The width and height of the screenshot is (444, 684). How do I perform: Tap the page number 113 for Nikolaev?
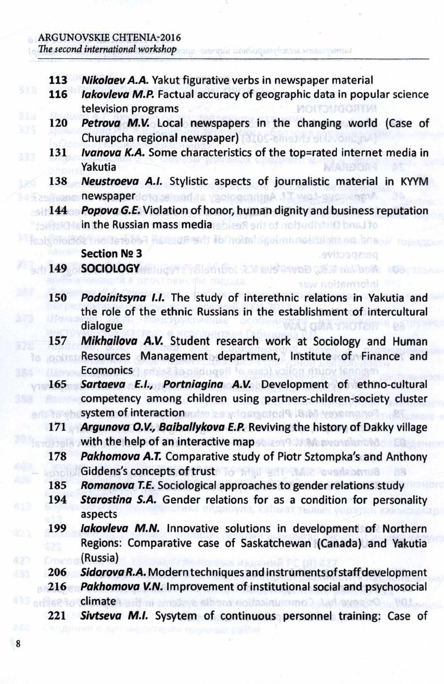point(58,81)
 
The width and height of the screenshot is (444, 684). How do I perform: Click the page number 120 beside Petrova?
point(58,124)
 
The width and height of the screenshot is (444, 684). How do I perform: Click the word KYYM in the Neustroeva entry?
point(415,182)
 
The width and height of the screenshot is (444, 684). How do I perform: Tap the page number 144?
point(58,211)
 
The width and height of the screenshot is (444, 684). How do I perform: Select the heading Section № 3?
point(110,253)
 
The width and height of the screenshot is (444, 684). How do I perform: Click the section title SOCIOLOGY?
point(111,268)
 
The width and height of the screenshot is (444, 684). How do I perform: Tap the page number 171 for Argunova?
point(58,428)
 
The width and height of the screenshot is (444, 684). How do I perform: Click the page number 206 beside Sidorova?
point(58,572)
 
